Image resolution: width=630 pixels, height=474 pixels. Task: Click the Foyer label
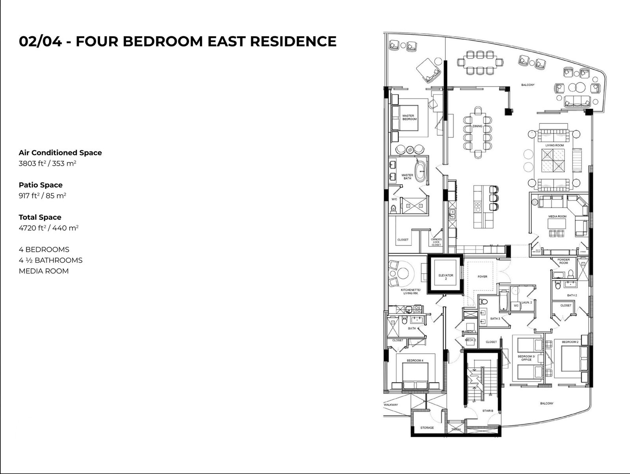coord(482,276)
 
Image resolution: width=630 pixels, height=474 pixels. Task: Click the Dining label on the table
coord(477,126)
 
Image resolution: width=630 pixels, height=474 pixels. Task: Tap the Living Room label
coord(554,145)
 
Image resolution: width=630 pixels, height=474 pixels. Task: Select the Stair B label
coord(487,411)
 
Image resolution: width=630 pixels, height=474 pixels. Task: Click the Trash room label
coord(456,429)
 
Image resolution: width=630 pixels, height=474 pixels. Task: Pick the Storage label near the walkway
coord(427,427)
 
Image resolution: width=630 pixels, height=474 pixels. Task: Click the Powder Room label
coord(563,261)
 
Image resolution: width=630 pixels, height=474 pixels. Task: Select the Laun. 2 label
coord(526,302)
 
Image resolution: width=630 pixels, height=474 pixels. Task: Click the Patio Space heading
coord(41,185)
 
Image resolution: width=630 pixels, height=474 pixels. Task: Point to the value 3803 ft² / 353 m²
coord(47,163)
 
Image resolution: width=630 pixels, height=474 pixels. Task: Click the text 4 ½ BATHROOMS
coord(51,260)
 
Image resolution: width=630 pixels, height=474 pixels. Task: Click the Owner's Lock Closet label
coord(436,242)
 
